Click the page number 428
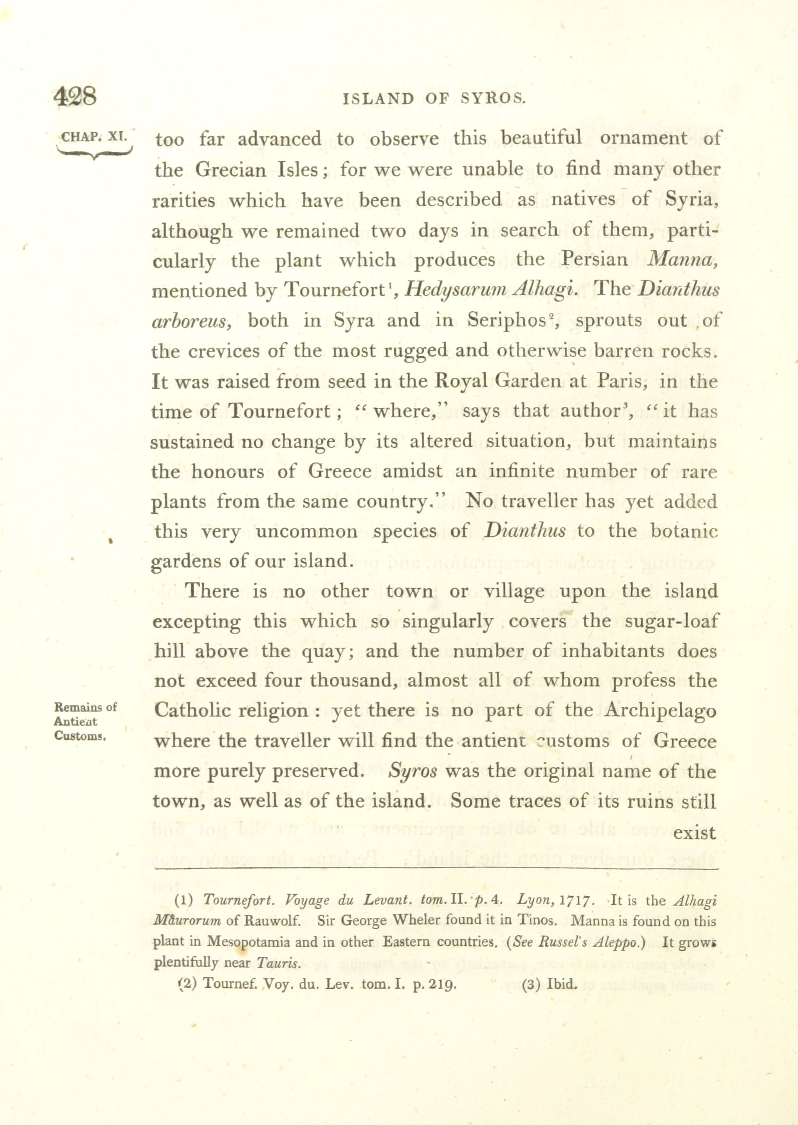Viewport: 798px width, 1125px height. [75, 96]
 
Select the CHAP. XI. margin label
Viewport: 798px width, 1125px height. [94, 136]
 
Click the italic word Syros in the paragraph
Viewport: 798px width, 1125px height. [413, 771]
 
